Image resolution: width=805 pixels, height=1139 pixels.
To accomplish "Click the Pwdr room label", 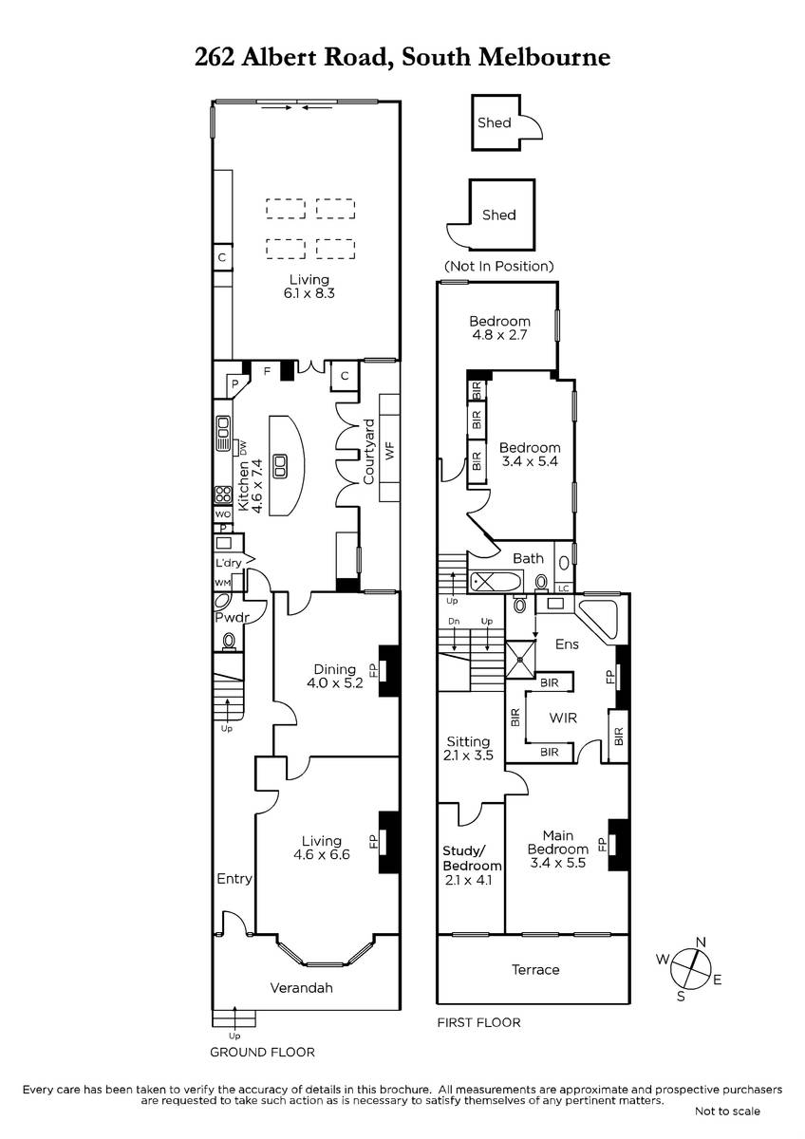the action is coord(232,618).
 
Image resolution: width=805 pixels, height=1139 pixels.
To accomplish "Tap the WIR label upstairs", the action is coord(564,718).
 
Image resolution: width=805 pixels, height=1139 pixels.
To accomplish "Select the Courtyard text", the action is coord(368,452).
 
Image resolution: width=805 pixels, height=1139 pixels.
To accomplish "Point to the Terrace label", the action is coord(535,970).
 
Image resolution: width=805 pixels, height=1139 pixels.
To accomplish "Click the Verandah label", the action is coord(302,988).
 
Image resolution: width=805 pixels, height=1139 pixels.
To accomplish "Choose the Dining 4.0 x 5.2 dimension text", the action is coord(335,682).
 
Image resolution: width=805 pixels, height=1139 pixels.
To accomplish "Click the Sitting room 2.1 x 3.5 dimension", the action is coord(468,756).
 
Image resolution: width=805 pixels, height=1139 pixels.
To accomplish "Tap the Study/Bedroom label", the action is coord(472,858).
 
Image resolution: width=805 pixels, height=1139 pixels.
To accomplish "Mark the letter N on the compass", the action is coord(702,943).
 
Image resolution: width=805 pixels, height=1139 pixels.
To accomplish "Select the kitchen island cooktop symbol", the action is coord(280,466).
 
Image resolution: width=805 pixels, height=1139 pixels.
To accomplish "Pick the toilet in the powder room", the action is coord(230,641).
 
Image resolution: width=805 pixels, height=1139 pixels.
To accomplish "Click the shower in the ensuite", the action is coord(520,660).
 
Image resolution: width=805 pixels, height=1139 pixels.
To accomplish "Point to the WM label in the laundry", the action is coord(222,583).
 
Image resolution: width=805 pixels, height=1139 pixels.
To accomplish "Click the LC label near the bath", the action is coord(564,588).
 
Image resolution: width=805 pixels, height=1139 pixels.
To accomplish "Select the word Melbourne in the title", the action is coord(545,57).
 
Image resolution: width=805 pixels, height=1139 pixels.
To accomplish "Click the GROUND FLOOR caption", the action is coord(262,1052).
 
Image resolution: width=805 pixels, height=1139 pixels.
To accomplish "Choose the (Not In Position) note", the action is coord(499,266).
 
